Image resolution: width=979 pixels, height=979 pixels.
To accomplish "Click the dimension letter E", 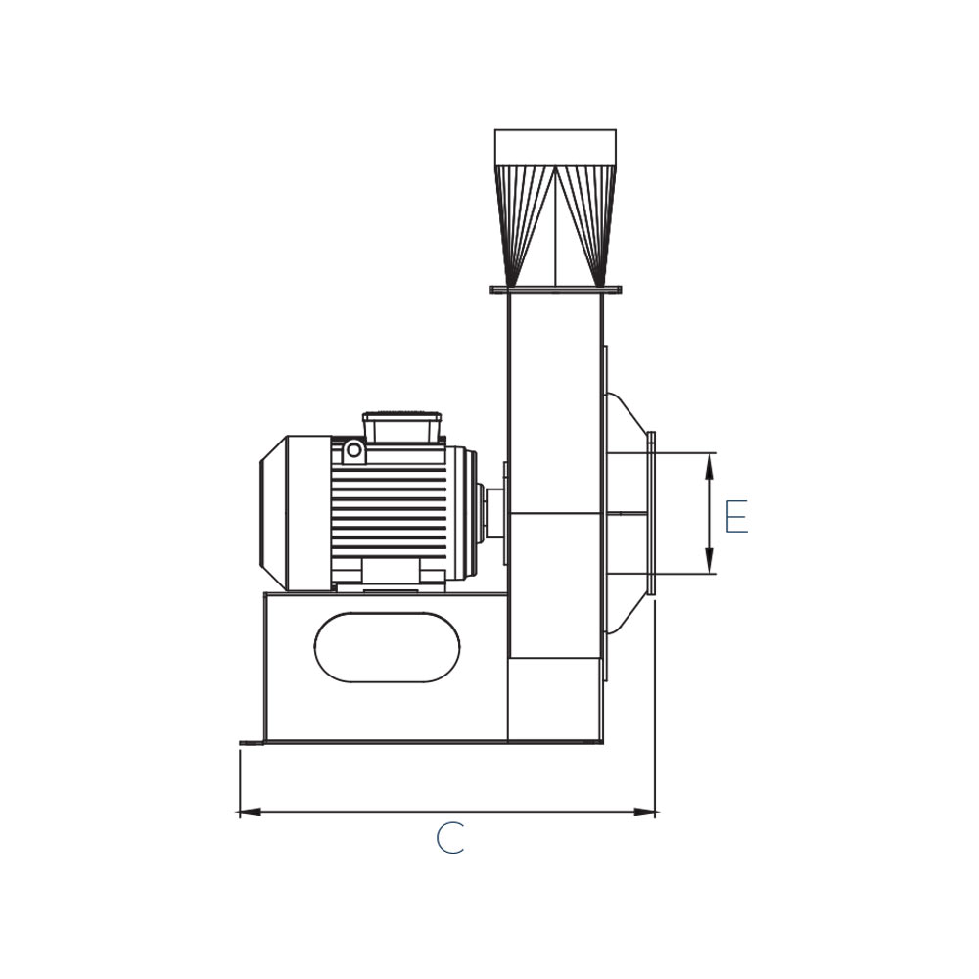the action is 737,516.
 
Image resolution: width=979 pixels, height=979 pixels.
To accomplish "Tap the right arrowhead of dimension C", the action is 645,812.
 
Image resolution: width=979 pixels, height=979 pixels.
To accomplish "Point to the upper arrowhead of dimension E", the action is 709,466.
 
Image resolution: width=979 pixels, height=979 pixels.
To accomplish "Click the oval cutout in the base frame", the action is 387,647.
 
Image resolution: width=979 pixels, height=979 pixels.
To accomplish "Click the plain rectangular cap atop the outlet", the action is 555,148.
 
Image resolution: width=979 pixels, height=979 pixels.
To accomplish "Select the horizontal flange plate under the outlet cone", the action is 556,290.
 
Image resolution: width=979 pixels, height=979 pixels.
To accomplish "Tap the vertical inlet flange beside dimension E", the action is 651,513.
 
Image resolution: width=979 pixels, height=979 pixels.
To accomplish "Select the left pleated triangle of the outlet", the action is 525,226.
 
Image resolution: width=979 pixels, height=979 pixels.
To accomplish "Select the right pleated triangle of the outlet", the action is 586,226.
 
